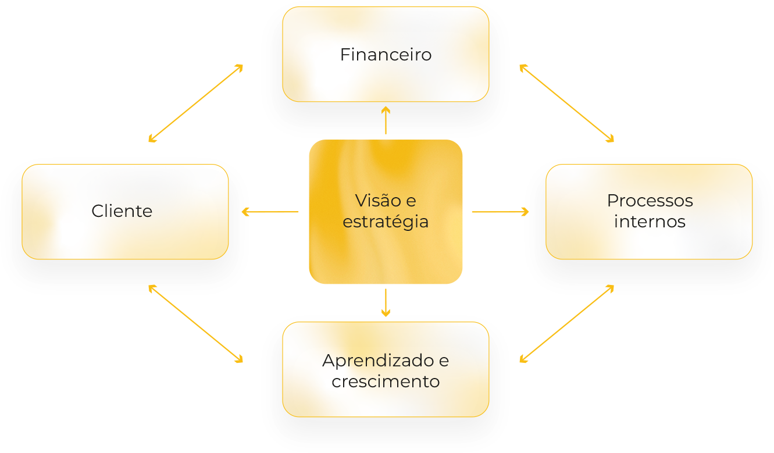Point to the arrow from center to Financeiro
[x=386, y=120]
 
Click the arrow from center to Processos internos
[x=501, y=212]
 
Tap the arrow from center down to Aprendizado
[x=386, y=302]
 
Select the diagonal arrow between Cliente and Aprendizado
[x=195, y=324]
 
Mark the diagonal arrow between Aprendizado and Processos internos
[x=566, y=324]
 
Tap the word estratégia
[x=386, y=222]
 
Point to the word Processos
[x=650, y=201]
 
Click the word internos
[x=650, y=222]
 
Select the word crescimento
[x=386, y=382]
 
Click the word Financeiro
[x=386, y=55]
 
